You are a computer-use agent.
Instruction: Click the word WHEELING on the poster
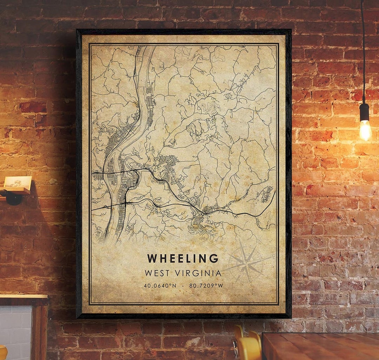pos(182,258)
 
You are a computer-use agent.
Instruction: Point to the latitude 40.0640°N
pos(160,286)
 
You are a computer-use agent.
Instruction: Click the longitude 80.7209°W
pos(206,286)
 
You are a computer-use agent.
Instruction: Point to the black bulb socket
pos(364,112)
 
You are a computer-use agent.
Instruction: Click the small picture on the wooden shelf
pos(18,182)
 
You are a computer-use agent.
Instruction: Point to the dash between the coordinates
pos(183,286)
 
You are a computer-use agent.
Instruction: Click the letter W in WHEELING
pos(152,258)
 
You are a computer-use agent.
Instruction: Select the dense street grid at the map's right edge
pos(267,194)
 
